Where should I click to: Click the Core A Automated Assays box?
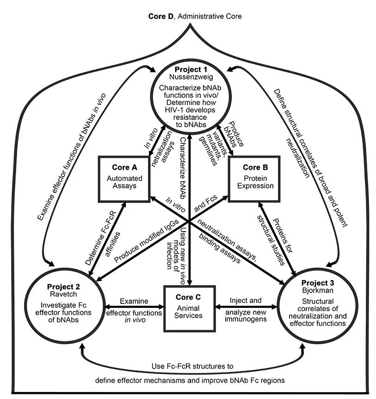tap(122, 178)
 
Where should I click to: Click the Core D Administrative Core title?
tap(188, 16)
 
